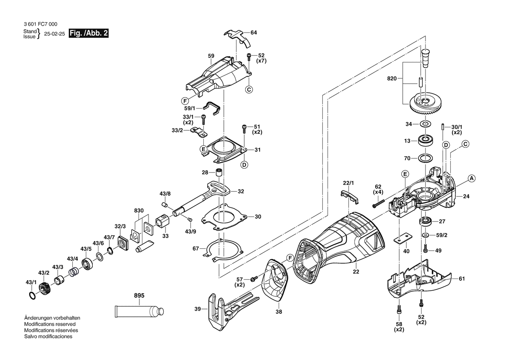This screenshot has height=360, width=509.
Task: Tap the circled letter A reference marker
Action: tap(471, 178)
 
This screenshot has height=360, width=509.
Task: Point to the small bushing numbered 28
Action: tap(220, 172)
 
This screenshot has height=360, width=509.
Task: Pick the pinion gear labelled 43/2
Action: tap(44, 288)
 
